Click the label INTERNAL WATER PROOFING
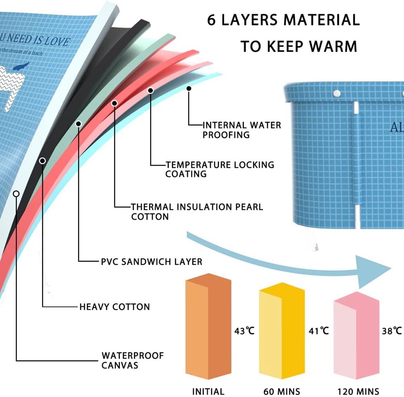[x=242, y=130]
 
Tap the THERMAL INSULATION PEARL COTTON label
[x=197, y=212]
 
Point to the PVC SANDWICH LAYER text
[x=151, y=262]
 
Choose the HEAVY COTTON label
[x=114, y=307]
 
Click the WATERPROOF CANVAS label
[x=133, y=361]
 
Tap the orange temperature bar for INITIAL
[x=208, y=327]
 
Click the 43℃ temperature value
[x=244, y=332]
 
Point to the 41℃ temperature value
[x=319, y=332]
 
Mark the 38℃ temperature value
[x=392, y=332]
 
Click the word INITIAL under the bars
[x=208, y=391]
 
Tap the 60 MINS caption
[x=282, y=391]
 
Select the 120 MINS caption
[x=358, y=391]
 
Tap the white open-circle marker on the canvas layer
[x=16, y=193]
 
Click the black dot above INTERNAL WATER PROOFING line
[x=189, y=88]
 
